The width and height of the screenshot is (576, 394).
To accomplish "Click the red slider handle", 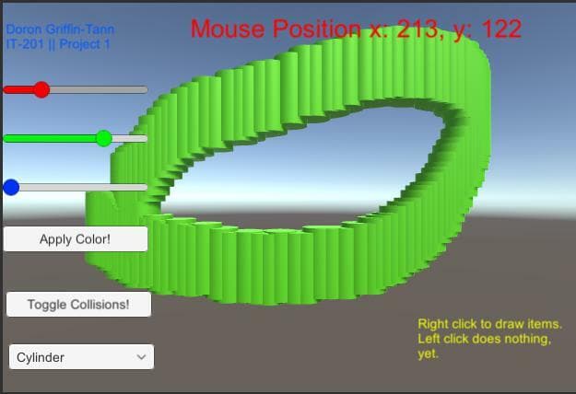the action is (x=41, y=90).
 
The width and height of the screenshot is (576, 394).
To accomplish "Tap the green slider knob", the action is (x=104, y=139).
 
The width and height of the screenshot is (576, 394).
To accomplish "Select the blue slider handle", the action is (x=11, y=188).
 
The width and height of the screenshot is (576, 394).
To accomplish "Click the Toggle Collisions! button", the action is (x=78, y=305).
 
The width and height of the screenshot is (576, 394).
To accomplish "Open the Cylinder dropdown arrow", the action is (x=141, y=357).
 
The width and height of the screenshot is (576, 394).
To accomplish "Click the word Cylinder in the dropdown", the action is (x=41, y=357).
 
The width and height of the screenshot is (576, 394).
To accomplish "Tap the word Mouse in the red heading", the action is (x=228, y=29).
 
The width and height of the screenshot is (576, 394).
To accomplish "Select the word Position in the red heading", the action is (x=317, y=29).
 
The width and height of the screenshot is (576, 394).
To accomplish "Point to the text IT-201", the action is (x=25, y=44).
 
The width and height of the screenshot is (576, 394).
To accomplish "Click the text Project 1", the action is (x=85, y=44).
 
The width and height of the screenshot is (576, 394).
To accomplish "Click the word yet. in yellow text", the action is (x=428, y=354).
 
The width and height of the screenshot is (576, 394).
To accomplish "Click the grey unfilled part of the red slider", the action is (x=99, y=90).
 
